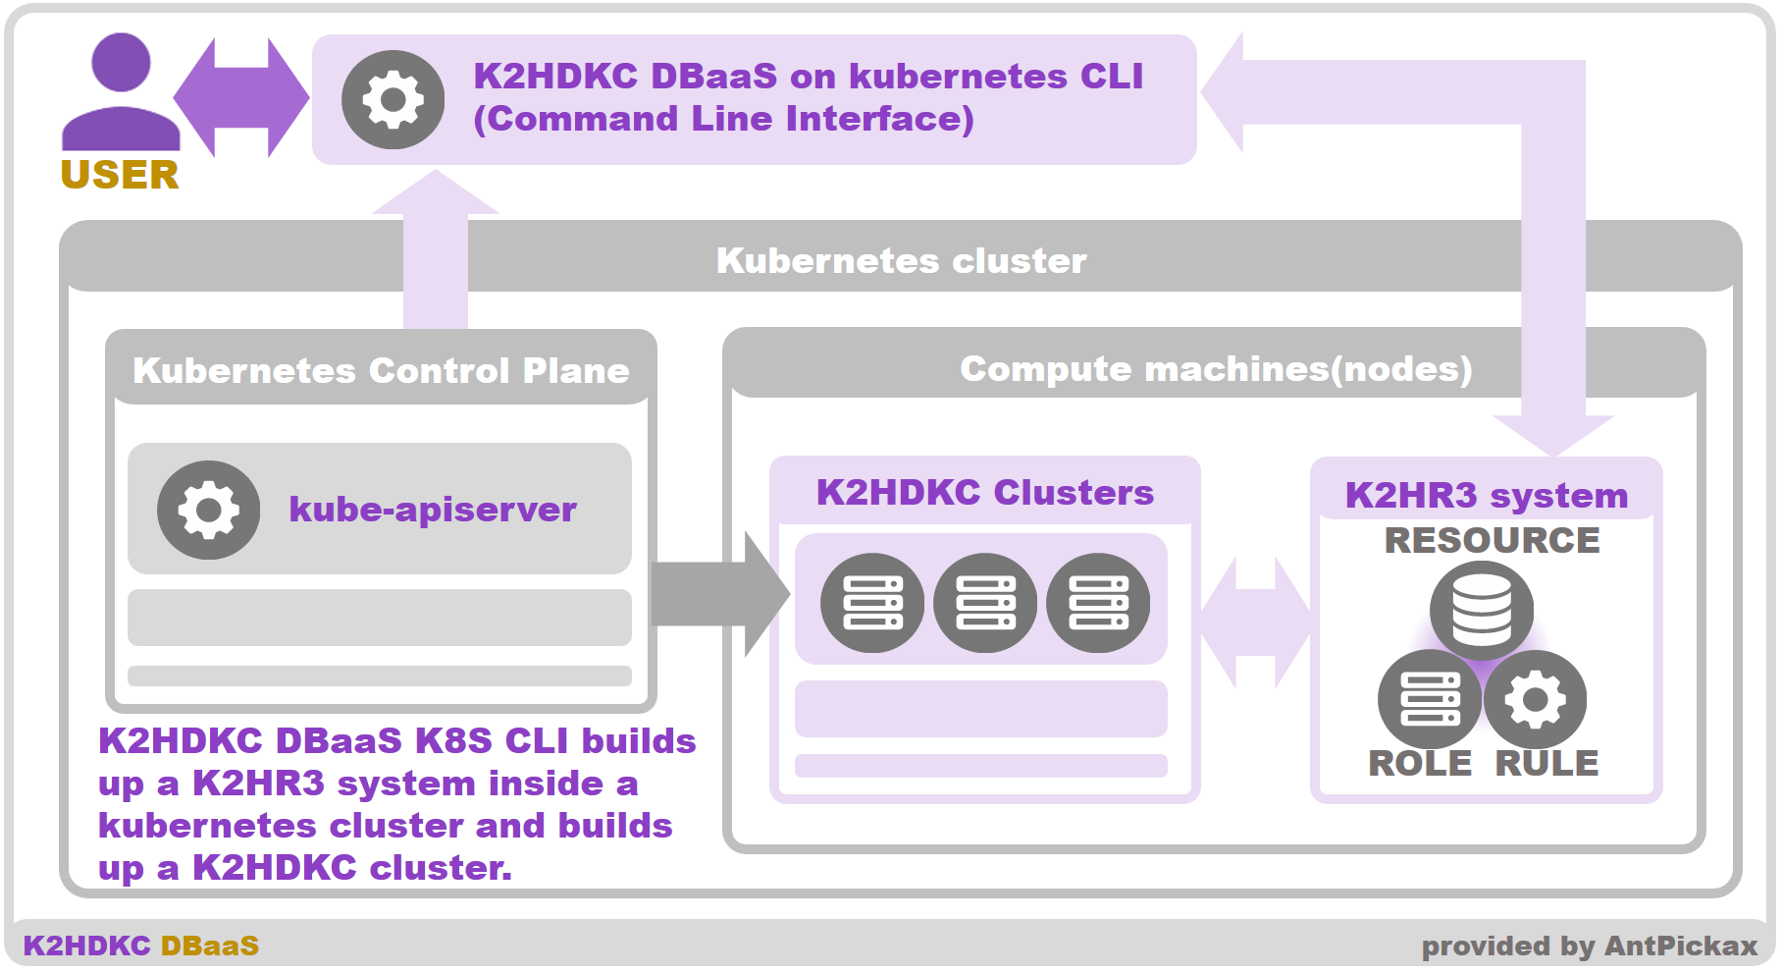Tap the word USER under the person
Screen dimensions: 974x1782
(x=120, y=175)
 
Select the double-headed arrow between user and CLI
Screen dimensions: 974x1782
(x=241, y=97)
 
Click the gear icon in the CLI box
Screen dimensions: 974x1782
(x=393, y=99)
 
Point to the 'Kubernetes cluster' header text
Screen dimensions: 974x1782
(x=901, y=261)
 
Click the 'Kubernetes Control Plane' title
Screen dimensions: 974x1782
(x=381, y=371)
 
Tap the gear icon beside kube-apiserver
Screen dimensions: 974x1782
(x=208, y=510)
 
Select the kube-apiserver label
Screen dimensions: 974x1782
(x=433, y=510)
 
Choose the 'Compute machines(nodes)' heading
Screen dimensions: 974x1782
(x=1216, y=369)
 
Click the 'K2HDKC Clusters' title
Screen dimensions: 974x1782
(x=984, y=492)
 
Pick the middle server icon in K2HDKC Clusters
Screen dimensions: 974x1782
(x=985, y=603)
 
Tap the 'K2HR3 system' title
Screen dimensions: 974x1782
(x=1486, y=495)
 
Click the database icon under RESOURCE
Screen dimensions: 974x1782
(x=1482, y=609)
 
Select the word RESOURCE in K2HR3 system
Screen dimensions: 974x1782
(x=1492, y=540)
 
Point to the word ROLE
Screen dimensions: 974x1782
(x=1420, y=763)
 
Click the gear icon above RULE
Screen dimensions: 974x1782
(x=1535, y=699)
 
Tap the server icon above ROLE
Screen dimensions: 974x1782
(x=1429, y=699)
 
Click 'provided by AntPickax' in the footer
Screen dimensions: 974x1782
(x=1589, y=947)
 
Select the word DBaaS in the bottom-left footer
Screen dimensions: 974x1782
(x=210, y=947)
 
